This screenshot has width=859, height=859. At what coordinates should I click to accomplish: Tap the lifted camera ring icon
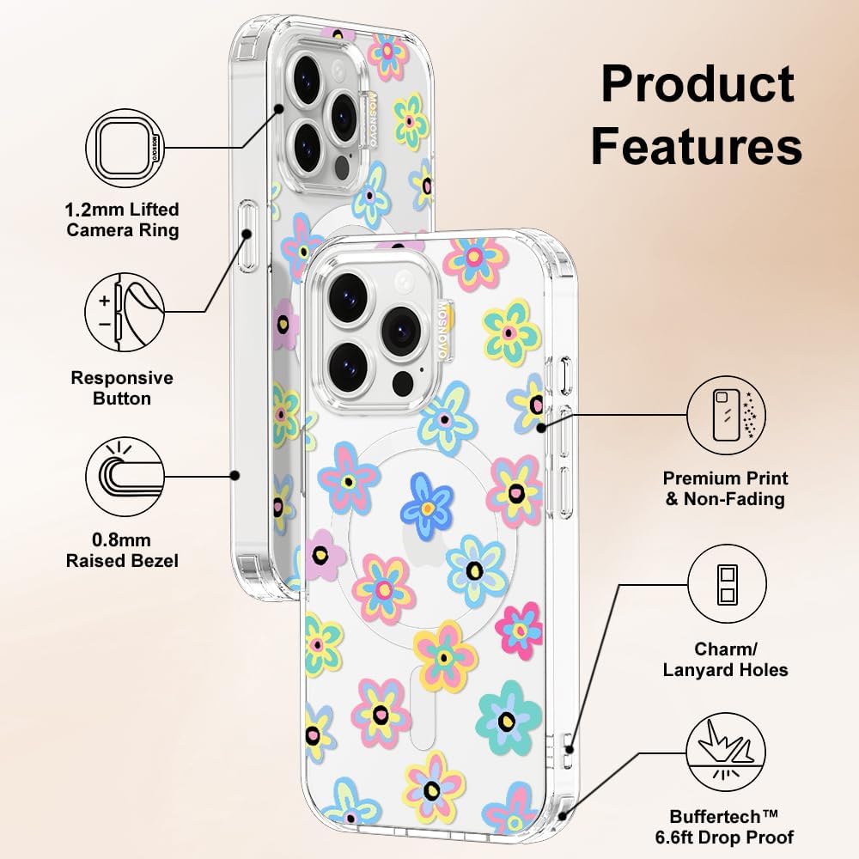tap(121, 148)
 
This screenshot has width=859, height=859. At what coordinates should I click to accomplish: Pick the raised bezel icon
tap(122, 476)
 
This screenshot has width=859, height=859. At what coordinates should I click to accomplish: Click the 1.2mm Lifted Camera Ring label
tap(122, 220)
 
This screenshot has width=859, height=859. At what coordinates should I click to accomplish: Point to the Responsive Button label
tap(122, 387)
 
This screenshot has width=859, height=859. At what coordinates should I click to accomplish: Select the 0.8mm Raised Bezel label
tap(122, 551)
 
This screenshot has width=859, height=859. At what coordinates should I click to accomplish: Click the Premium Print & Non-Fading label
tap(726, 488)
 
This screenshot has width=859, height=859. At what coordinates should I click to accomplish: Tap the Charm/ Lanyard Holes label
tap(726, 659)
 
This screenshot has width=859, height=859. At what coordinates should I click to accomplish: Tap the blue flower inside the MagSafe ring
tap(427, 503)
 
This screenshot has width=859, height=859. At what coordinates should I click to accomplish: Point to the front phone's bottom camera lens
tap(348, 365)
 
